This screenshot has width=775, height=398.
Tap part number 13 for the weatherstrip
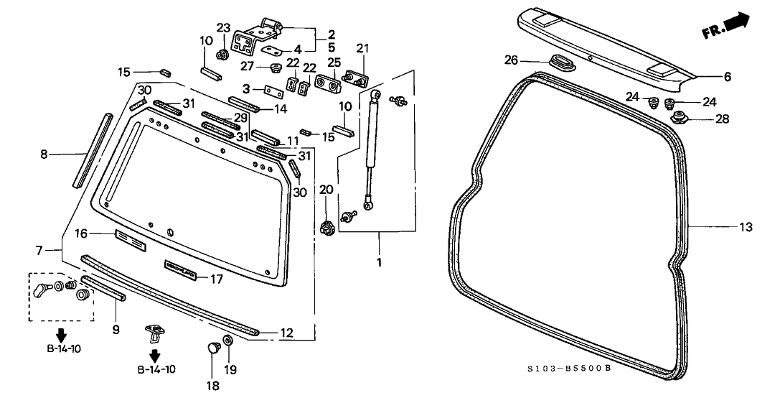[x=746, y=227]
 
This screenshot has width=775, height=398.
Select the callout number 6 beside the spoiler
[x=727, y=76]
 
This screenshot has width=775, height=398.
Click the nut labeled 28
[x=678, y=117]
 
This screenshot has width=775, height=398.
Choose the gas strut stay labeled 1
[x=371, y=151]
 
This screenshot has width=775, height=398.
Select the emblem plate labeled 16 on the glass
[x=130, y=240]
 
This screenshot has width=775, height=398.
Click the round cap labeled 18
[x=213, y=350]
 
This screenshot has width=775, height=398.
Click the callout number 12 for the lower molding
[x=286, y=333]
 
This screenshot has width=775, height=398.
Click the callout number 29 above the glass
[x=240, y=116]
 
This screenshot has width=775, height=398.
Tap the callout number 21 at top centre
[x=362, y=49]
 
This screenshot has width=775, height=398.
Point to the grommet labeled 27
[x=274, y=69]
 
